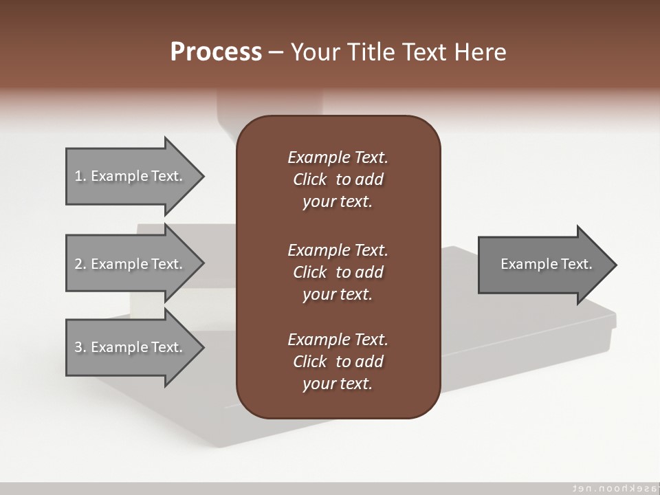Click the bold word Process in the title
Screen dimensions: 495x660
(x=216, y=52)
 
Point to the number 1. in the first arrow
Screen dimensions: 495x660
(x=80, y=176)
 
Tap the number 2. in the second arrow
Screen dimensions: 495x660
(x=80, y=264)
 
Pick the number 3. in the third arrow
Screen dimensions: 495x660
(x=80, y=347)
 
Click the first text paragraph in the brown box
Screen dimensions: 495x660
(x=338, y=179)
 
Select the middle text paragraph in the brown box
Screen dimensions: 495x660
(x=338, y=272)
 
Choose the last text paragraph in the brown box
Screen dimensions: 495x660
(x=338, y=362)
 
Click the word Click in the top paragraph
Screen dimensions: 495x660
(x=309, y=179)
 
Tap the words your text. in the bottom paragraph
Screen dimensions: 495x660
(x=338, y=384)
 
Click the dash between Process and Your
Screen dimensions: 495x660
(x=276, y=52)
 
